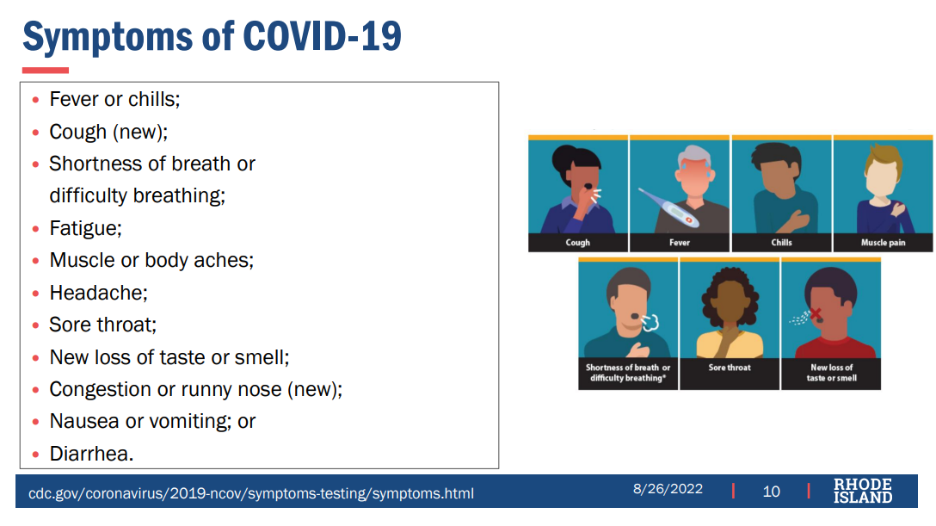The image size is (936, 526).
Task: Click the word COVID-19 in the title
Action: (x=323, y=36)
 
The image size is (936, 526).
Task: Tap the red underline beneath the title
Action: (x=46, y=71)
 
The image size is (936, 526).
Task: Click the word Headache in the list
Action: (x=96, y=293)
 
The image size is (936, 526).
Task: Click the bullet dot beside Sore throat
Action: (x=36, y=325)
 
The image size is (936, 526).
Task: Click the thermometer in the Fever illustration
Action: (x=668, y=207)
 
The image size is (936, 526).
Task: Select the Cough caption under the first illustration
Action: (x=578, y=243)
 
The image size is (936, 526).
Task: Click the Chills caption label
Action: (x=781, y=243)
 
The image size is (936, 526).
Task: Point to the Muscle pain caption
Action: (x=883, y=243)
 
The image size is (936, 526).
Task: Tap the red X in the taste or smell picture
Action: (x=816, y=313)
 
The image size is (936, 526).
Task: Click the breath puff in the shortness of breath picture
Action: (x=650, y=322)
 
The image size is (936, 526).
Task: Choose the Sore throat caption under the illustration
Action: (x=730, y=368)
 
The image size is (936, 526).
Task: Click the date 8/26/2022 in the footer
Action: (x=668, y=489)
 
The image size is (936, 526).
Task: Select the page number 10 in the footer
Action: (x=771, y=492)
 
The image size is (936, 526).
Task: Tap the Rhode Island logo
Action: (x=863, y=491)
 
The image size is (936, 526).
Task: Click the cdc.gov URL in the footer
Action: (x=251, y=494)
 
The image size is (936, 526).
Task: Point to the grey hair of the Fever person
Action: (x=694, y=157)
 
